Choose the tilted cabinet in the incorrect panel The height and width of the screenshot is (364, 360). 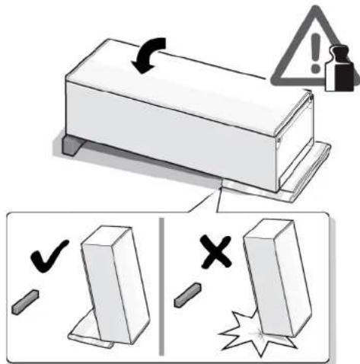coord(274,282)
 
